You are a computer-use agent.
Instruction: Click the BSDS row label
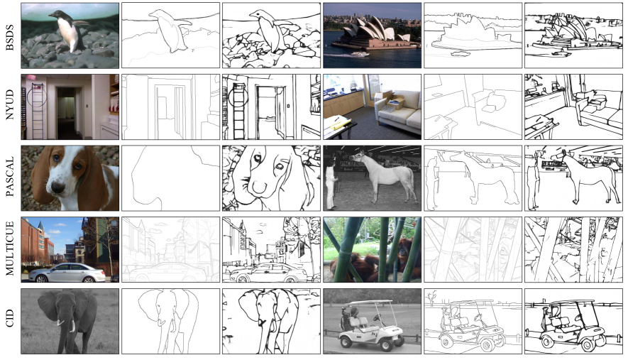10,38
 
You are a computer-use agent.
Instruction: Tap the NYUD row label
10,104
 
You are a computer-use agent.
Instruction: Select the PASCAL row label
10,176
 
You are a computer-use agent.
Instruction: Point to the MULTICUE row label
10,249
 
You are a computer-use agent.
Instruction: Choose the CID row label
10,318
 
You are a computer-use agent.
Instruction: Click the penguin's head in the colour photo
55,15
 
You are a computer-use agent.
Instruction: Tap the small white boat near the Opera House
360,54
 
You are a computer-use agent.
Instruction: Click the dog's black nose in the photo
58,187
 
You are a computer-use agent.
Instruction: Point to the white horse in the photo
385,176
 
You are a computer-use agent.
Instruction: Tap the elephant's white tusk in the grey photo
72,325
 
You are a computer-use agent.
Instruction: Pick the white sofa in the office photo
398,111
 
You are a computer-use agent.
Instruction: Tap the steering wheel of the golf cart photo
377,318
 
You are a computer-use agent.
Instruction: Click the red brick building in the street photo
37,244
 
